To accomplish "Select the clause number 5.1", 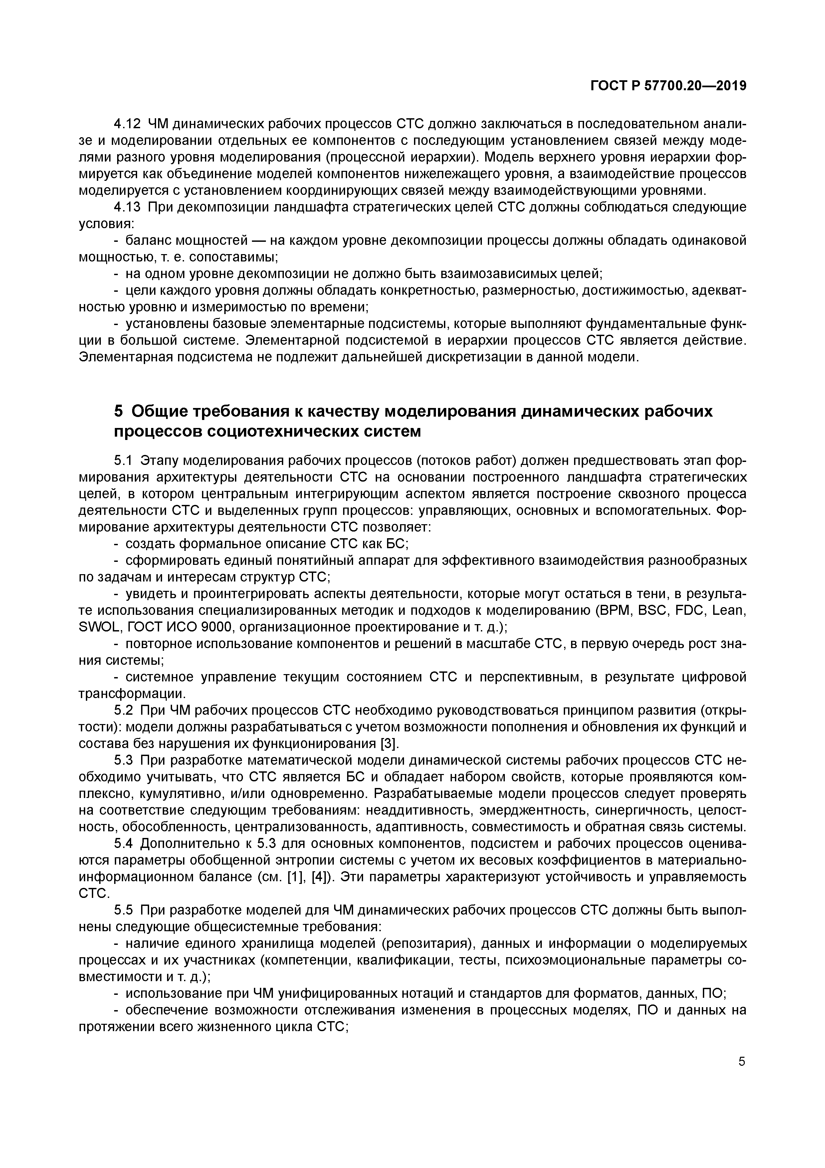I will point(123,461).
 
